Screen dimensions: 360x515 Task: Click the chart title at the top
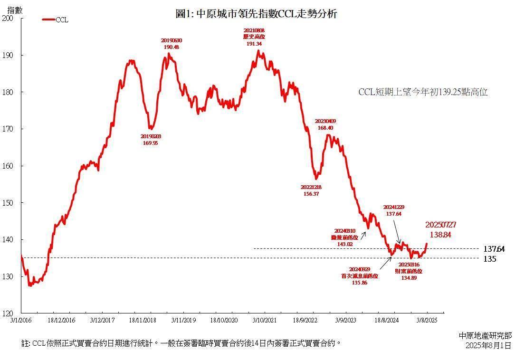256,14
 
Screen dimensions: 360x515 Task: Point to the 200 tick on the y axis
8,18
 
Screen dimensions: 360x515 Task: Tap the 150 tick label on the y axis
8,203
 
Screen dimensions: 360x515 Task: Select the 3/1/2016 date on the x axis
21,321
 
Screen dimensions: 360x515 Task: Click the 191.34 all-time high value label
254,44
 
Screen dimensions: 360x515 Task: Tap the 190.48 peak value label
171,47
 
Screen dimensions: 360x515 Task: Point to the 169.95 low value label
150,142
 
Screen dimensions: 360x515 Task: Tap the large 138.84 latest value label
438,235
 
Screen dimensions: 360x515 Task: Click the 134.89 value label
409,278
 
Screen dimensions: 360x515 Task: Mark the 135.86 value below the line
359,282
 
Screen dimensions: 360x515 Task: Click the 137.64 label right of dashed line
494,248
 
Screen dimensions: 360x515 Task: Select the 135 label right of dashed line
490,259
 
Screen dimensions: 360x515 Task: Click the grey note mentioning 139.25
423,92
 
